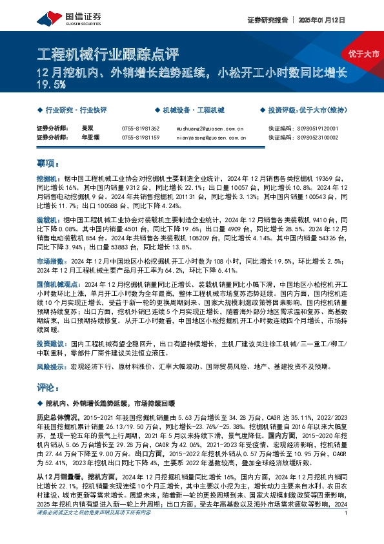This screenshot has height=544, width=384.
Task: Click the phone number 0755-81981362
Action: pos(140,129)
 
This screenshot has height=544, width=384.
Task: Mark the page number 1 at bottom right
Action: pos(347,531)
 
